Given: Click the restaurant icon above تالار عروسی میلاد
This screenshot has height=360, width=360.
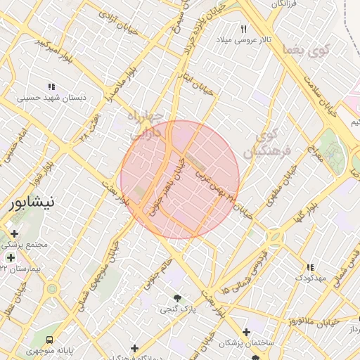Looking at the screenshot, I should coord(244,29).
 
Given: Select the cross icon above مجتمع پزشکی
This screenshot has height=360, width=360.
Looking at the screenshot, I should coord(14,233).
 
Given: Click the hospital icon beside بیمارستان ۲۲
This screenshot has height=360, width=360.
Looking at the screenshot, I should coord(11,257).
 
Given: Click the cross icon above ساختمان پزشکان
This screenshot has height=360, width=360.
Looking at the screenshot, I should coord(245,332).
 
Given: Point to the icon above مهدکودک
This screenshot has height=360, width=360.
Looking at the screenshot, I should coord(310,267).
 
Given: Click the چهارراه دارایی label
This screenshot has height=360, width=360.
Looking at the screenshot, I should coord(147,123).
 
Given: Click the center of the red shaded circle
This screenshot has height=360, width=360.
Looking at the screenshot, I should coord(180,180).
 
